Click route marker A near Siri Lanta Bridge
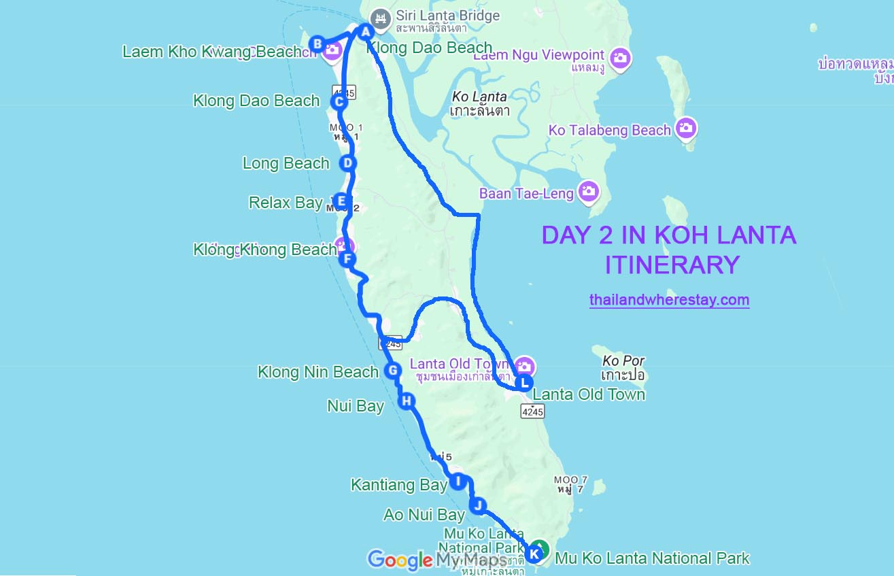click(x=365, y=32)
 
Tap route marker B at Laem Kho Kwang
click(x=317, y=44)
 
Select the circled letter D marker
click(x=347, y=163)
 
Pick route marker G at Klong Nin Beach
click(x=392, y=371)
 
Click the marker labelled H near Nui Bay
click(x=407, y=401)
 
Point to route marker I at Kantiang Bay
click(x=458, y=481)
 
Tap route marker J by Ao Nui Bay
click(x=479, y=505)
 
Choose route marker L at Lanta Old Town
click(x=523, y=383)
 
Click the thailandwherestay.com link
click(x=669, y=300)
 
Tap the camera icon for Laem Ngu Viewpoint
click(x=619, y=58)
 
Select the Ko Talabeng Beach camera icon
click(x=686, y=128)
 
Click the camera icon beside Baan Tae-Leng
click(x=588, y=192)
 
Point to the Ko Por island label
click(x=623, y=367)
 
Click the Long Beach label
click(x=286, y=163)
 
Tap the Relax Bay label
click(x=286, y=203)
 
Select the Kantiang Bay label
click(x=398, y=485)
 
